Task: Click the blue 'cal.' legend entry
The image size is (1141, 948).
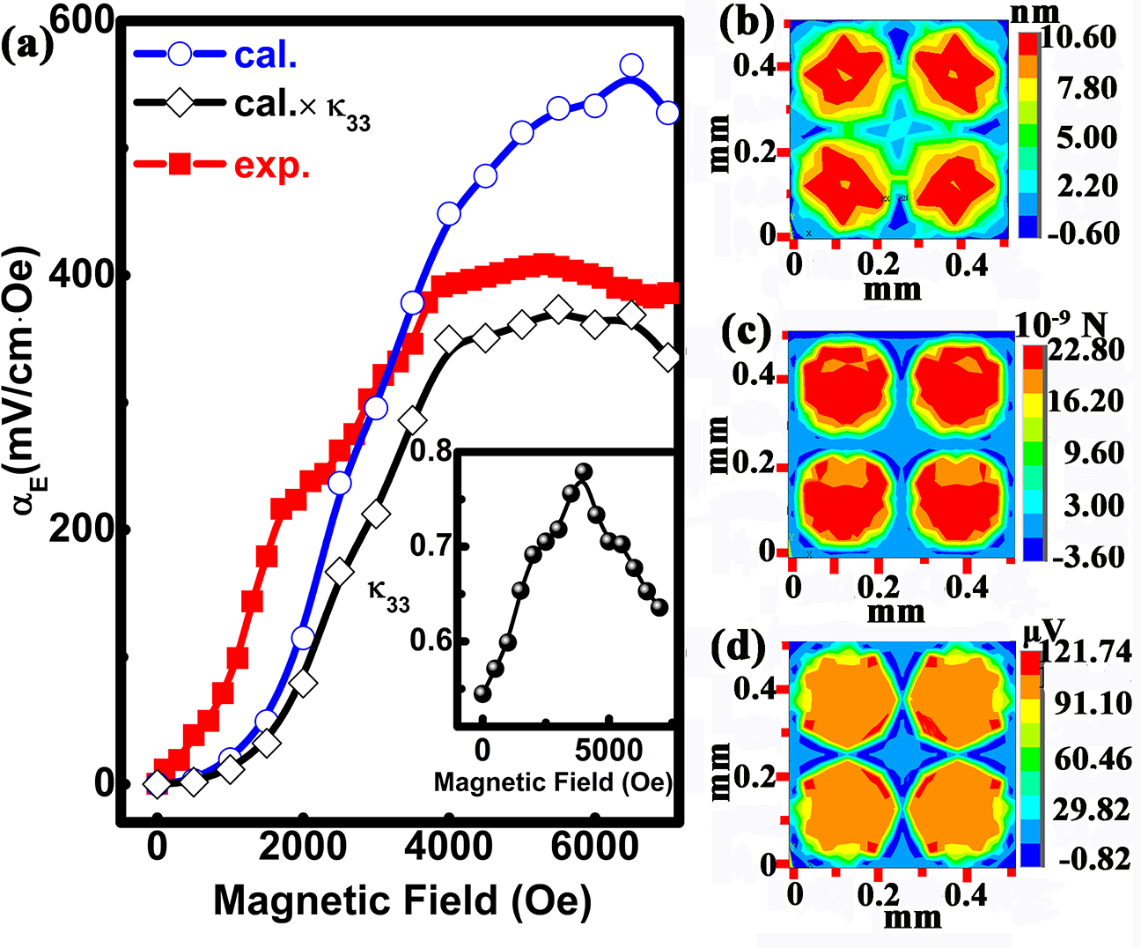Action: tap(265, 55)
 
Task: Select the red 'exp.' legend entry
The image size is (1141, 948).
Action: tap(272, 165)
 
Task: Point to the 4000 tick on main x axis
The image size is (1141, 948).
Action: tap(449, 847)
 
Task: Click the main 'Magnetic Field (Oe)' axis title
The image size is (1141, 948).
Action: tap(402, 900)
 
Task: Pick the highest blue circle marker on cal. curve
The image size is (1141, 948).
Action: tap(631, 65)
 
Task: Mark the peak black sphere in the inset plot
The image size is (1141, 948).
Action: tap(583, 471)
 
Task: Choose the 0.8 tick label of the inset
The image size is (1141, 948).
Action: tap(431, 452)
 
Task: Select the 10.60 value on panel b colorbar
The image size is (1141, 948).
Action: tap(1079, 38)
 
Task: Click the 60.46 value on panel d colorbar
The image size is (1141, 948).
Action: tap(1093, 758)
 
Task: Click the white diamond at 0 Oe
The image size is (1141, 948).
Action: tap(158, 782)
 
